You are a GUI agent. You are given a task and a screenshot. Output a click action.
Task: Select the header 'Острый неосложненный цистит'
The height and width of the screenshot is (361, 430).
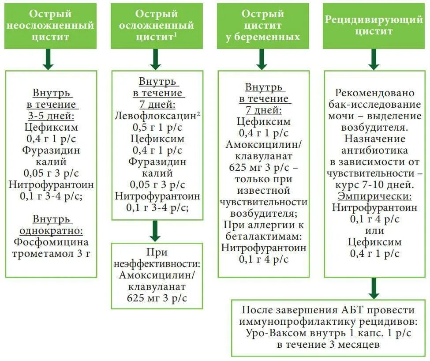click(x=50, y=25)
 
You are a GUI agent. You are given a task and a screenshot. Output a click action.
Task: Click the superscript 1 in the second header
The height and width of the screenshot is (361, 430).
click(x=176, y=35)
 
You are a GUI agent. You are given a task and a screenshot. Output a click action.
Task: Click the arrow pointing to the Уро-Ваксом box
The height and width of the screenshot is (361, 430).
click(x=374, y=289)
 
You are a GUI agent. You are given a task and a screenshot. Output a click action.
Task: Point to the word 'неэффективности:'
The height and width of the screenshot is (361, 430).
click(x=157, y=264)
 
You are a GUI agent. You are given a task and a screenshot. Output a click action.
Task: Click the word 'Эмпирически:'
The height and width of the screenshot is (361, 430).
click(x=375, y=196)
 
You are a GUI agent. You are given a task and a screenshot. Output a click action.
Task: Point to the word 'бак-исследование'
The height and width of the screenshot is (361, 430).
click(x=375, y=105)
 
